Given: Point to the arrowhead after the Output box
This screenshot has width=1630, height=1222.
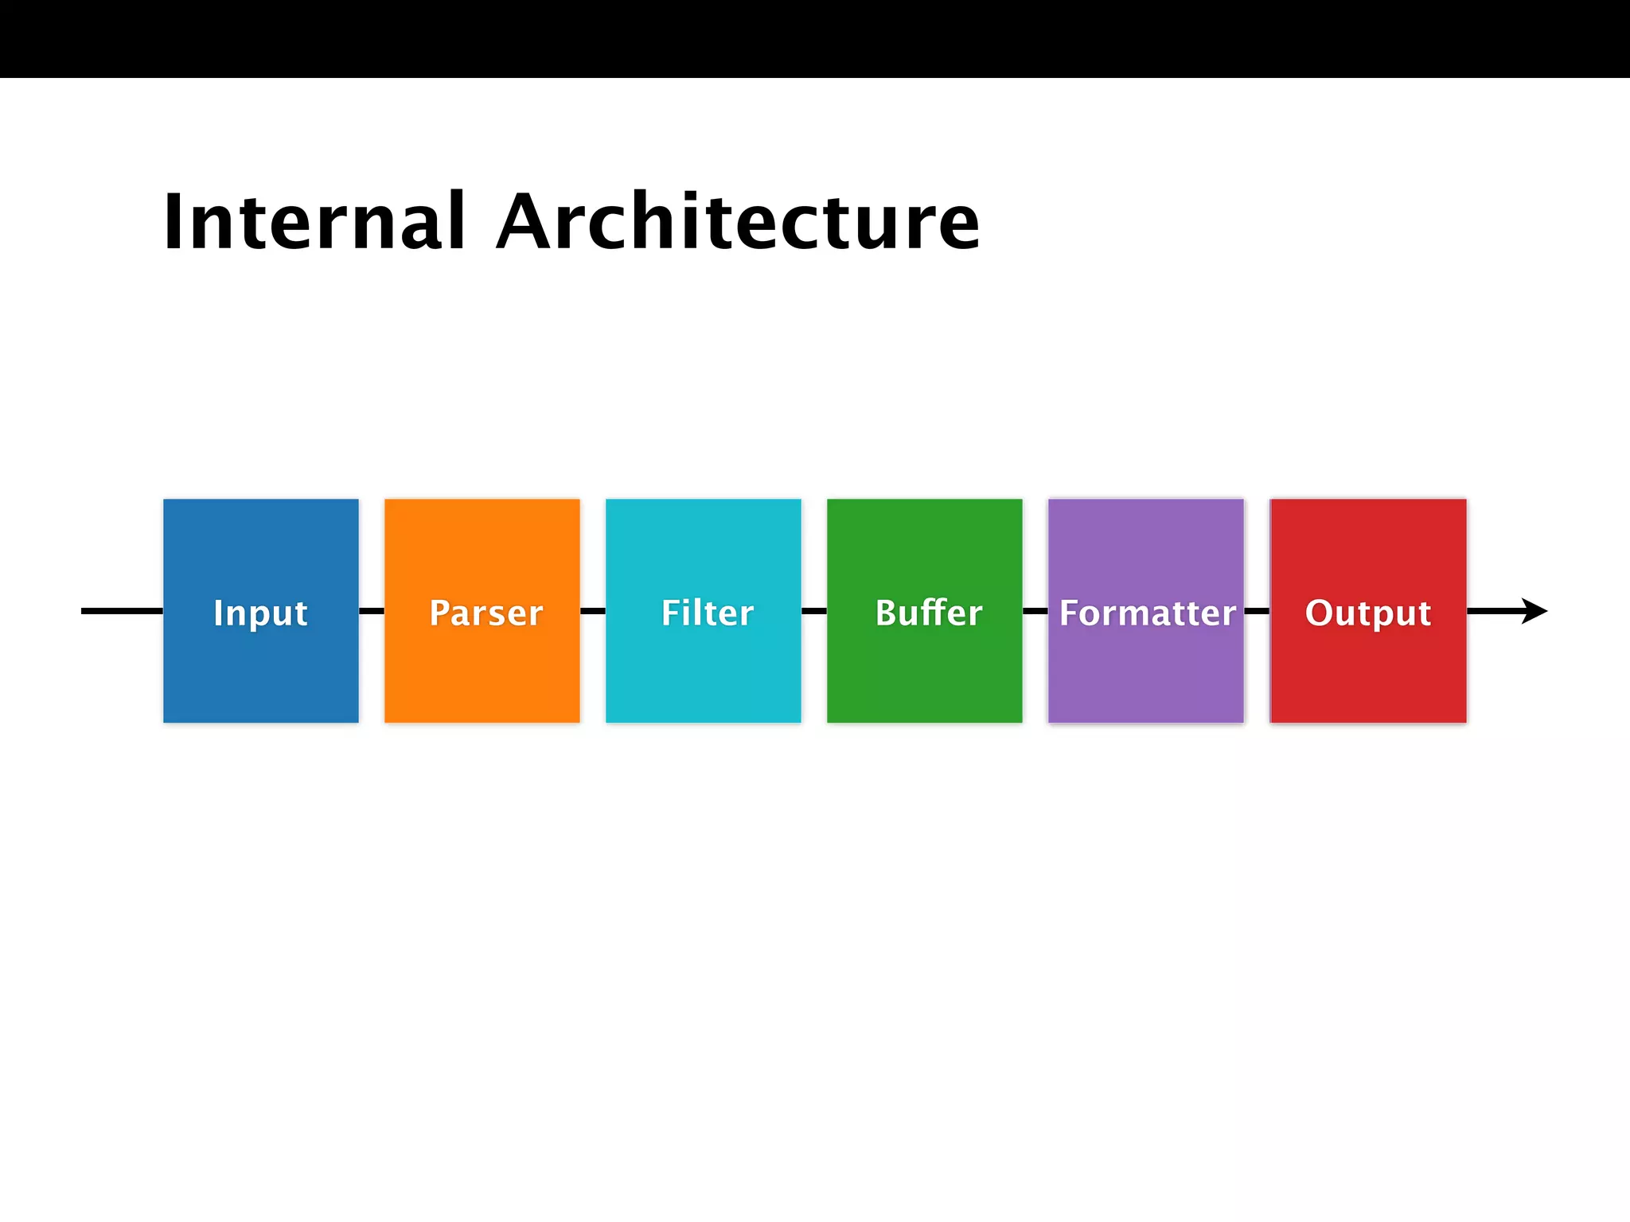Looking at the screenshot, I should (x=1534, y=611).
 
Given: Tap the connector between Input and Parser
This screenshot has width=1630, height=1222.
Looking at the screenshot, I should (x=372, y=611).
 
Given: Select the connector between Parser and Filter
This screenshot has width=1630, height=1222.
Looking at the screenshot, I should (x=593, y=611).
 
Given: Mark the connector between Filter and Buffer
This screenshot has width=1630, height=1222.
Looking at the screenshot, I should (x=814, y=611).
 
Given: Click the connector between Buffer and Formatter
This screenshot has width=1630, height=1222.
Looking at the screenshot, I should (x=1035, y=611).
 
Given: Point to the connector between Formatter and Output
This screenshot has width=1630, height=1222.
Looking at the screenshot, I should (x=1257, y=611).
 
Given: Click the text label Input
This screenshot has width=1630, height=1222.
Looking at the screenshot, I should (x=260, y=613).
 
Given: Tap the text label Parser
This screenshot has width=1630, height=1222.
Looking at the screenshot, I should (x=485, y=613).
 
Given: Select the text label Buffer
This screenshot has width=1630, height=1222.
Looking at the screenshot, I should (x=929, y=613).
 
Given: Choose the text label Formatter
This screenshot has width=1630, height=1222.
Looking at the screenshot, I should (x=1147, y=613).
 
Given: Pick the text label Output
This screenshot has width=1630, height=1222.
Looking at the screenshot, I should (x=1368, y=613).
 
